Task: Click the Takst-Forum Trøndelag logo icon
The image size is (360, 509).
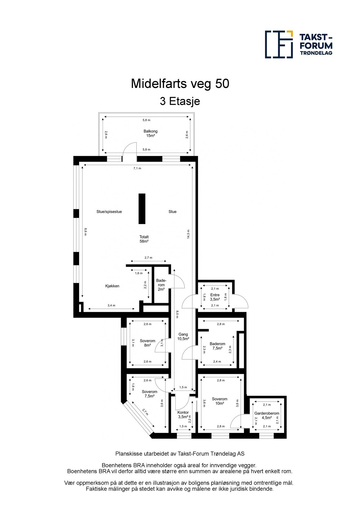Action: [x=279, y=44]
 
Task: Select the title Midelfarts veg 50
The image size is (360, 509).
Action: [x=180, y=84]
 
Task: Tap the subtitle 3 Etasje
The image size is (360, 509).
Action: [x=180, y=101]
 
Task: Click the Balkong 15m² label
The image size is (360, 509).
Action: [x=150, y=133]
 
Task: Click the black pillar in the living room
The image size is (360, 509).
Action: [x=142, y=209]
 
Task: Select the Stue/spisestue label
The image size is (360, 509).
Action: [x=109, y=212]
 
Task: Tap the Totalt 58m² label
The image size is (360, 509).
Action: [x=144, y=239]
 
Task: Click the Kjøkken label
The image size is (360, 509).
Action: [x=112, y=286]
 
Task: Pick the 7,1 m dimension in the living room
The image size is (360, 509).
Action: [x=137, y=169]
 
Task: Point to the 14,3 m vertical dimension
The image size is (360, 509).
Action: [x=188, y=234]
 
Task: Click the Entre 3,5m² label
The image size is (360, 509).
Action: [x=215, y=297]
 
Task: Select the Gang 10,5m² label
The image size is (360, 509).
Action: [x=183, y=337]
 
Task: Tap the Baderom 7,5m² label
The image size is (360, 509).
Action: [x=217, y=346]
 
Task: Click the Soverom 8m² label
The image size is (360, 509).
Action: [x=147, y=343]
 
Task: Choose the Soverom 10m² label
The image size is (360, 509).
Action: [x=219, y=401]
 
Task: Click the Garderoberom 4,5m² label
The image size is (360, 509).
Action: [x=267, y=415]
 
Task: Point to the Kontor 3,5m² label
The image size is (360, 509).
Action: [x=183, y=415]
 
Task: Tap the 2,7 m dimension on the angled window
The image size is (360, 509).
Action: [x=145, y=412]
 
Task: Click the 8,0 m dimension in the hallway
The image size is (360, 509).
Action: [x=177, y=314]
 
